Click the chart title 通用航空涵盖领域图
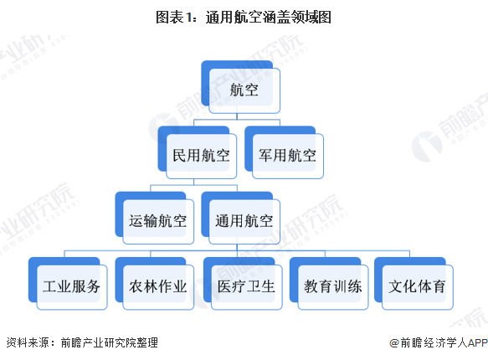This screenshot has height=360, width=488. click(269, 17)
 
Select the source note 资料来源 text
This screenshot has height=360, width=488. click(28, 342)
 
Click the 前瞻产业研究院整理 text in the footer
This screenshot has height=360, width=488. click(110, 342)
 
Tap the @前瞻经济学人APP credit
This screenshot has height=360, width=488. click(439, 342)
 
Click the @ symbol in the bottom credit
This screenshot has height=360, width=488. click(394, 343)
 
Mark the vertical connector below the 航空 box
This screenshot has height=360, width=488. click(237, 116)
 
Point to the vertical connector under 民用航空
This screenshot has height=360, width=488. click(193, 182)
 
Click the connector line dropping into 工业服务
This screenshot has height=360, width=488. click(64, 254)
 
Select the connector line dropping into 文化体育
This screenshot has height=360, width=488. click(409, 254)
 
